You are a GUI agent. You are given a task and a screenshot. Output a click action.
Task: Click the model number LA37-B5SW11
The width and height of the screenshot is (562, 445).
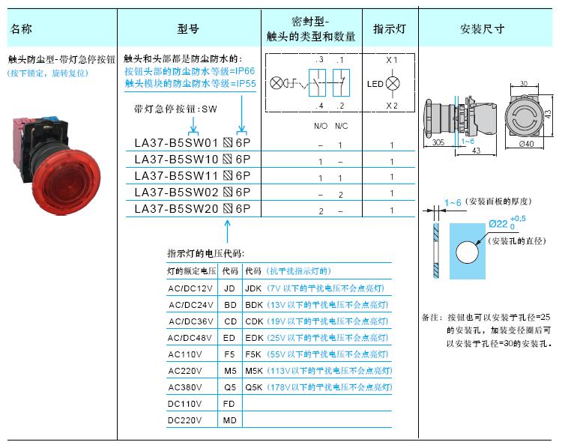176,176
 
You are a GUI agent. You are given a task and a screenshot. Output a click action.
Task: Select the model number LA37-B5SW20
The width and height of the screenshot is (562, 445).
176,209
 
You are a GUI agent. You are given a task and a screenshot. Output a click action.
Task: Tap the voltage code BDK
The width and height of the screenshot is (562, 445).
254,305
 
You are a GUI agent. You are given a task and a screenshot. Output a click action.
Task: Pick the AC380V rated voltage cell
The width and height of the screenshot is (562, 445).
184,387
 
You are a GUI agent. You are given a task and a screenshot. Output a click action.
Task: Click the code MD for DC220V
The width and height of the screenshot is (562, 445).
229,420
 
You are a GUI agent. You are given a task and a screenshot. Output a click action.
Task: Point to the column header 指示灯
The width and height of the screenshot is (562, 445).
390,28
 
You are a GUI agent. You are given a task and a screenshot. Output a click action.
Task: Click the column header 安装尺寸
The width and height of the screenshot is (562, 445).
483,28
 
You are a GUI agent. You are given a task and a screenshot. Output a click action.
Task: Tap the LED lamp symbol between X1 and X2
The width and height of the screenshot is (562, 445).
393,83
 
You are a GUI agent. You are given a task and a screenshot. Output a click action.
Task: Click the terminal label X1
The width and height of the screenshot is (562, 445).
391,60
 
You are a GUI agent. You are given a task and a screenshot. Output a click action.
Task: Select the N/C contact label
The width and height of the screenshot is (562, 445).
341,126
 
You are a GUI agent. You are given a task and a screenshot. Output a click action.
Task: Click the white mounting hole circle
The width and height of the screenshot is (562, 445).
467,252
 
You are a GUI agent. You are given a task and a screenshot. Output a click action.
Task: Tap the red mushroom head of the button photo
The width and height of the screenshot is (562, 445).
67,182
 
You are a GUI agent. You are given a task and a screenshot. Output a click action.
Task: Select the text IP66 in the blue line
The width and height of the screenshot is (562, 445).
244,71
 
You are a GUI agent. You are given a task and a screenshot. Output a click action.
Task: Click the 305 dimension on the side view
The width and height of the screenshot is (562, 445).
438,142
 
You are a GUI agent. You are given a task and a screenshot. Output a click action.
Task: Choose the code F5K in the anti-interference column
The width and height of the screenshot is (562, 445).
253,354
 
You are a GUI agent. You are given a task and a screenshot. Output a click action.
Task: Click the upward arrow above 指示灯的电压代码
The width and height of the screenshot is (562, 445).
227,231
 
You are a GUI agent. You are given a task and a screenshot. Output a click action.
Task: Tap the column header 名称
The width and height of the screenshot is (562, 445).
21,28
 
